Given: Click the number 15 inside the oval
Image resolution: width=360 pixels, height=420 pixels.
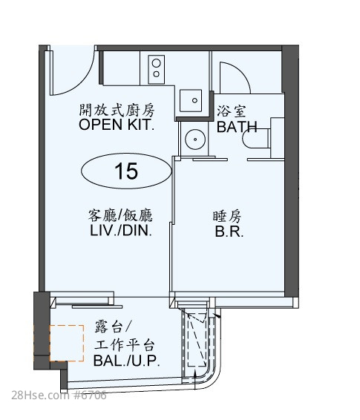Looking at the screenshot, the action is coord(126,171).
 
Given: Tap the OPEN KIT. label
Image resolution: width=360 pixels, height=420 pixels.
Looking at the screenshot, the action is coord(117,125).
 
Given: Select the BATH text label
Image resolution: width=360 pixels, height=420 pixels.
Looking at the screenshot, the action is coord(237,127).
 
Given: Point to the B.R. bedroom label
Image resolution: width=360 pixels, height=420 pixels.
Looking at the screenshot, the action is coord(229,232).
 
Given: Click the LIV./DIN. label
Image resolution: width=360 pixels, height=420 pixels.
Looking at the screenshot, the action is coord(121,230).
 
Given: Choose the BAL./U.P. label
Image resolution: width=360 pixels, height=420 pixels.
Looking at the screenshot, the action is coord(127,361).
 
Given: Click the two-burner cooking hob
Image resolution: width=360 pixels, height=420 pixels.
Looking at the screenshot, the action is coord(157,69).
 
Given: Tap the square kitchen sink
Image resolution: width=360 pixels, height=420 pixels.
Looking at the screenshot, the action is coord(191,100).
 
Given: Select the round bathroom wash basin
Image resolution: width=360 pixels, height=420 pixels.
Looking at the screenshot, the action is coord(195,140).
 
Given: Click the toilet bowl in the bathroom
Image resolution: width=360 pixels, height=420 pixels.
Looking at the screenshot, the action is coord(256,138).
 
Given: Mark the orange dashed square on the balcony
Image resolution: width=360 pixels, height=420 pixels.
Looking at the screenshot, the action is coord(67,343).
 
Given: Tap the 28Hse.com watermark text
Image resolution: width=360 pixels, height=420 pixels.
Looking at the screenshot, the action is coord(39,396).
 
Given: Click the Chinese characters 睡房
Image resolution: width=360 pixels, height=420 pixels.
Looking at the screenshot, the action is coord(227,217).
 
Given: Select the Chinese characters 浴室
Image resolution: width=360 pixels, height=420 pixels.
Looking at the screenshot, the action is coord(232,111).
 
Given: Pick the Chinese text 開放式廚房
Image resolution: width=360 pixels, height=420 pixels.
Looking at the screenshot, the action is coord(117,110).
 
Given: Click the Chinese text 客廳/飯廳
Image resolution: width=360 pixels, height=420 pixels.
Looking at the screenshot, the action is coord(120,215).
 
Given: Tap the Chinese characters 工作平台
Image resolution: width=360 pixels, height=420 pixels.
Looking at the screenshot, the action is coord(125,345).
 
